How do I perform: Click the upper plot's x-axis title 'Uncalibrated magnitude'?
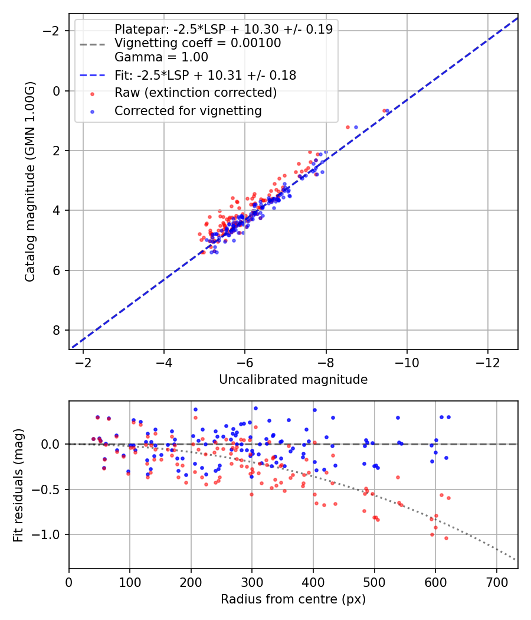tap(293, 380)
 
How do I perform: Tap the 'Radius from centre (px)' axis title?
tap(293, 599)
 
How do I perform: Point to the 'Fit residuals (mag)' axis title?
tap(18, 485)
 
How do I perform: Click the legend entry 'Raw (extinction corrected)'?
tap(195, 93)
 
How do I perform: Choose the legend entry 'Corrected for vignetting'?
tap(188, 110)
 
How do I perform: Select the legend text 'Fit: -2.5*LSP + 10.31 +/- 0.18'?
tap(205, 75)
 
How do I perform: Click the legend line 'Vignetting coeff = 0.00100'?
tap(198, 43)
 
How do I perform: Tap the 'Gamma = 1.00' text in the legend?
tap(161, 57)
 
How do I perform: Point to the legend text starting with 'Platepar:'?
tap(223, 29)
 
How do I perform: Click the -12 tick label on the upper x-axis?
tap(487, 362)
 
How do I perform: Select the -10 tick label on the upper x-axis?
tap(407, 362)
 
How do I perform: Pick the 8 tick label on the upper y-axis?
tap(56, 330)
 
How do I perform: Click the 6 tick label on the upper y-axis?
tap(56, 270)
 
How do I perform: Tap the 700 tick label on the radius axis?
tap(496, 581)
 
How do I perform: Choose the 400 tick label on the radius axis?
tap(313, 581)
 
